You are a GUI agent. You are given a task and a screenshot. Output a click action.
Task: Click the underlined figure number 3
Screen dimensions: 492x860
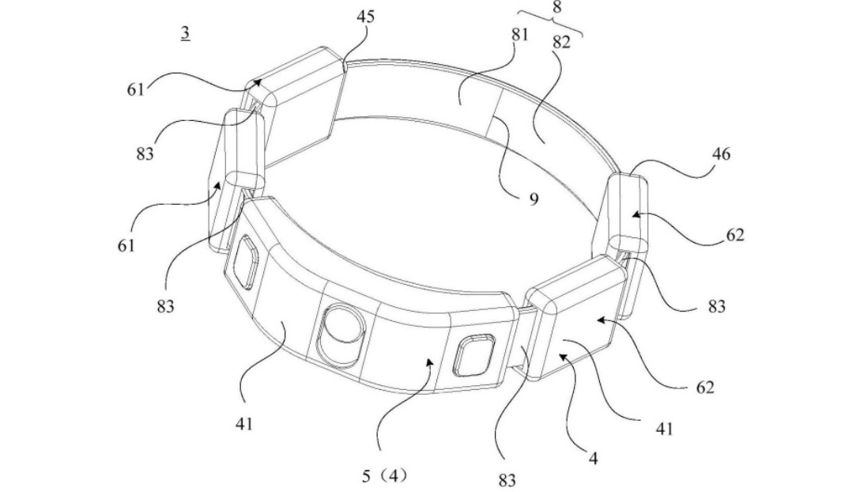[184, 34]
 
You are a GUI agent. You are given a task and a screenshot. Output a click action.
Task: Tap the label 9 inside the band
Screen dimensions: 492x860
[534, 199]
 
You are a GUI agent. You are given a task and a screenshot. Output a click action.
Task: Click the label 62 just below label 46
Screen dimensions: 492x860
[734, 235]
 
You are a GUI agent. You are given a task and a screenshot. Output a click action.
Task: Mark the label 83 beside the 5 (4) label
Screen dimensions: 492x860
[507, 479]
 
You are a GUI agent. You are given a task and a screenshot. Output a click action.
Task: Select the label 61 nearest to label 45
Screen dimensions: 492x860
[136, 89]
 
